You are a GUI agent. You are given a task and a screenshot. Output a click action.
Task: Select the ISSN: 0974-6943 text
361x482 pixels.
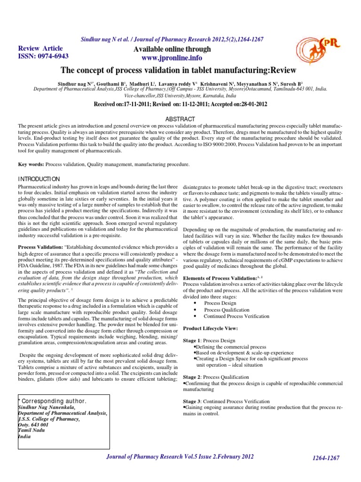point(43,56)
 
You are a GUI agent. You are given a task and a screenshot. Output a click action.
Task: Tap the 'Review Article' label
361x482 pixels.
point(40,48)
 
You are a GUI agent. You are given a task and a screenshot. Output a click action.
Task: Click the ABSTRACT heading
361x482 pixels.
point(180,119)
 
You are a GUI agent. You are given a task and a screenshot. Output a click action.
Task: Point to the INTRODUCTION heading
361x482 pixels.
point(39,179)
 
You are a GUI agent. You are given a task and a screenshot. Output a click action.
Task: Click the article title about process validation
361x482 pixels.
point(179,71)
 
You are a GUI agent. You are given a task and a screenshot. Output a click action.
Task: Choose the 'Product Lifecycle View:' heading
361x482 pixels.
point(210,328)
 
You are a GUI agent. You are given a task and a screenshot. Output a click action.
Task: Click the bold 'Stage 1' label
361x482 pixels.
point(191,340)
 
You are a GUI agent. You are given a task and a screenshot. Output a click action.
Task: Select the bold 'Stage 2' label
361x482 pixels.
point(191,377)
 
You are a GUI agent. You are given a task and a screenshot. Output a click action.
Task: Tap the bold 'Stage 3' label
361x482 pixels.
point(191,402)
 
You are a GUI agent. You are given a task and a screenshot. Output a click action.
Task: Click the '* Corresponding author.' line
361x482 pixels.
point(52,401)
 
